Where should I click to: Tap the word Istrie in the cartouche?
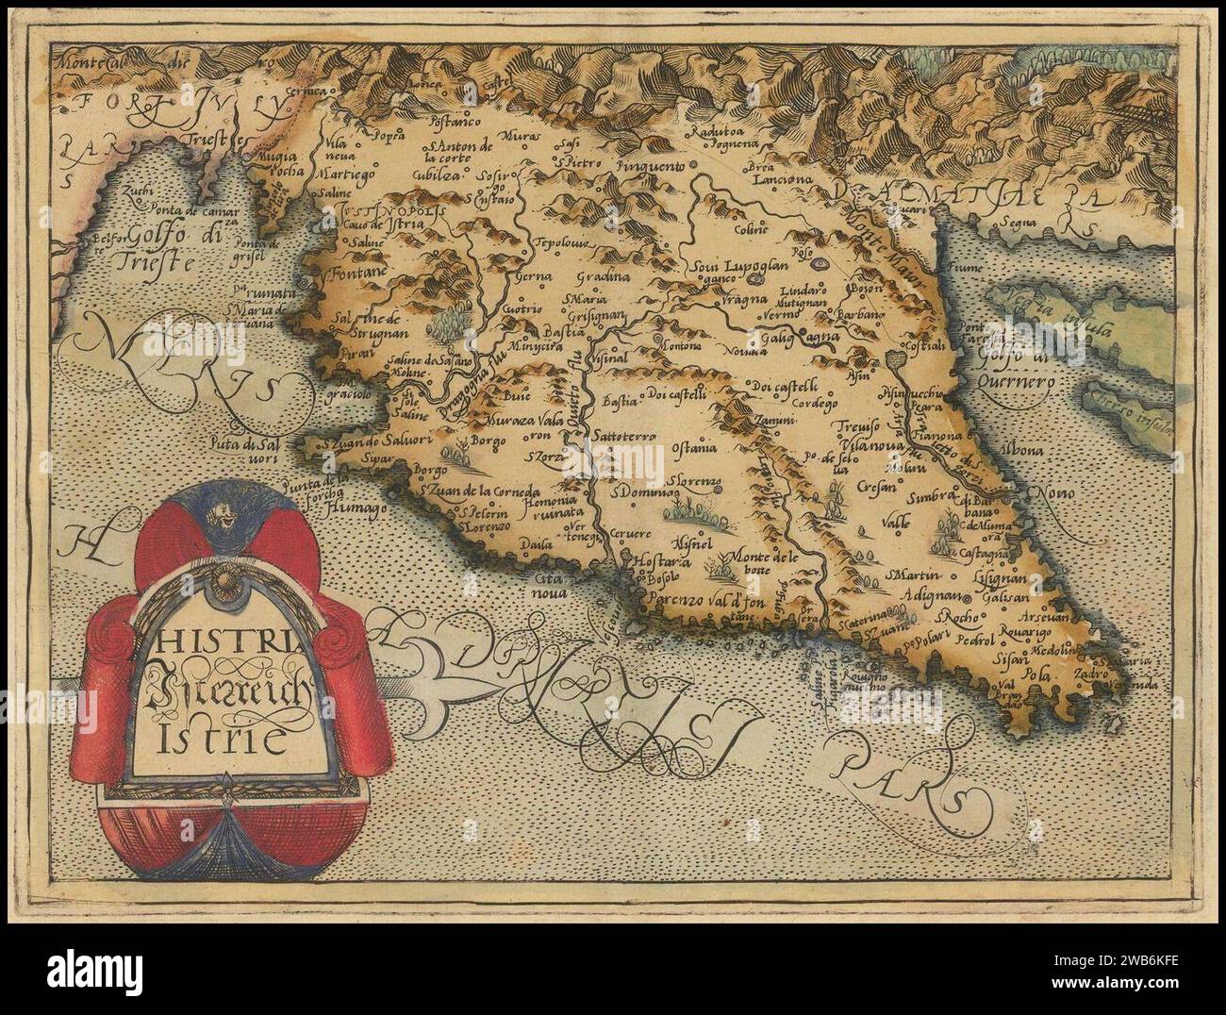[213, 740]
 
